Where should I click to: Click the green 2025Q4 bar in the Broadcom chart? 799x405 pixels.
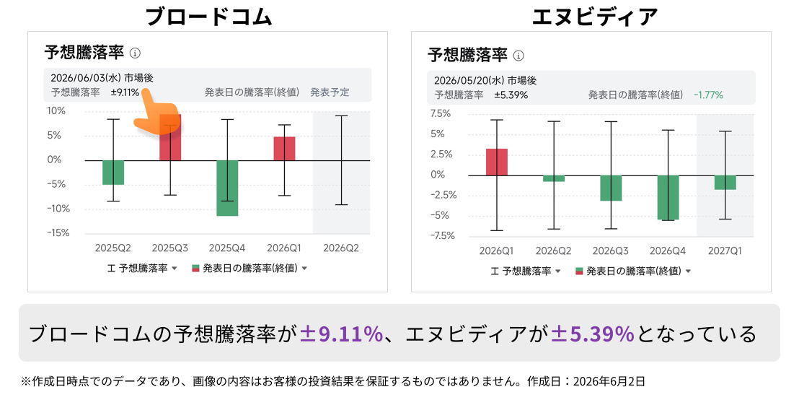click(x=227, y=188)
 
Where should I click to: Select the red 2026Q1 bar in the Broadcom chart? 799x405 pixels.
click(x=284, y=149)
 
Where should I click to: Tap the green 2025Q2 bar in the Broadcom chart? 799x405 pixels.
click(x=113, y=173)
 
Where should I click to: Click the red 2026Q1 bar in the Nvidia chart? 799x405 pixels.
click(x=497, y=162)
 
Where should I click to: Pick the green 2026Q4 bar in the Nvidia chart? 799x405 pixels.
click(x=668, y=198)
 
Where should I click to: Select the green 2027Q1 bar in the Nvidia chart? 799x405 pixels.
click(x=725, y=183)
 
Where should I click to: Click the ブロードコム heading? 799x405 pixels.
click(x=208, y=17)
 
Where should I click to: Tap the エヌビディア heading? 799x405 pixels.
click(x=594, y=17)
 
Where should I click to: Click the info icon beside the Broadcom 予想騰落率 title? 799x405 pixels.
click(x=135, y=53)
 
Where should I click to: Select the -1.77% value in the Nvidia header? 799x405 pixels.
click(x=708, y=95)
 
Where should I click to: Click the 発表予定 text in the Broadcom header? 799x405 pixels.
click(x=330, y=92)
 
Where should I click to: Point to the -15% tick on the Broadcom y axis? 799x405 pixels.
click(x=58, y=232)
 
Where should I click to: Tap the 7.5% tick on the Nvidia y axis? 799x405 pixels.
click(x=441, y=113)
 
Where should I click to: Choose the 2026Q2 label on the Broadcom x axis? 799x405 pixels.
click(x=341, y=248)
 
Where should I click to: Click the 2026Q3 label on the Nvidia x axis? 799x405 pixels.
click(x=611, y=251)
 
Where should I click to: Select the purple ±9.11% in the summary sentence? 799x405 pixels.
click(x=341, y=334)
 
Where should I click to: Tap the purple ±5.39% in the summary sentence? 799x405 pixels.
click(x=593, y=334)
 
